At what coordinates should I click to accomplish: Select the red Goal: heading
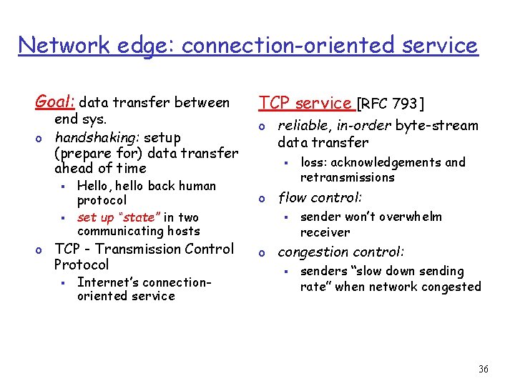[57, 102]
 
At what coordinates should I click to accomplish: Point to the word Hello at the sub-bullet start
[92, 186]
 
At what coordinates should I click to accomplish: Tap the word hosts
[185, 231]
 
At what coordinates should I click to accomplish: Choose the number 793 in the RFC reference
[405, 104]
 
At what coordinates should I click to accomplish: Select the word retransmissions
[348, 177]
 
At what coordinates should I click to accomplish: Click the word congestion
[309, 252]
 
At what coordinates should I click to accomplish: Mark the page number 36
[483, 370]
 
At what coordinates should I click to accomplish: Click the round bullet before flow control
[263, 197]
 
